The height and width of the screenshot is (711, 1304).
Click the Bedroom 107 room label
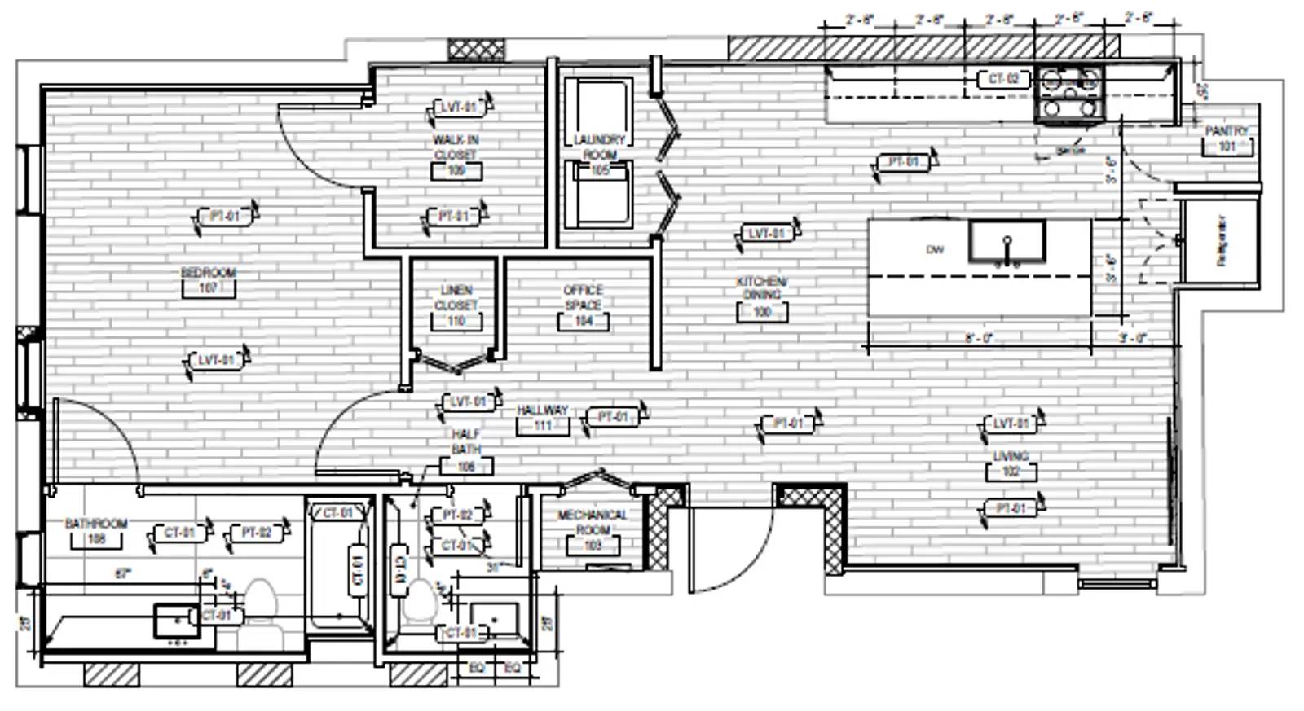[x=209, y=280]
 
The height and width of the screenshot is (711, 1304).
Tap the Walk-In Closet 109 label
[x=456, y=155]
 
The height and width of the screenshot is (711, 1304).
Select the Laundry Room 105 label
[x=600, y=155]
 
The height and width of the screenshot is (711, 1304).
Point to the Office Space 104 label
[x=583, y=305]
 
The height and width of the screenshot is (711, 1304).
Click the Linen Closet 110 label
[x=456, y=305]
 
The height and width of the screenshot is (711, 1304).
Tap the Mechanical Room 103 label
[x=593, y=529]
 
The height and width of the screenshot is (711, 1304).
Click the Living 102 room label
[x=1011, y=463]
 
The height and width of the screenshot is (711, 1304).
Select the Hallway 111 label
[x=542, y=418]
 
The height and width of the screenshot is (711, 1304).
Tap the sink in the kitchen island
[x=1007, y=241]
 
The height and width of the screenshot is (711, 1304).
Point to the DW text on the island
[x=935, y=249]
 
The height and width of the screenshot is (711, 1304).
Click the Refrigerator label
[x=1221, y=240]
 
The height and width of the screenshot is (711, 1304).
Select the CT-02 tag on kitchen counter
[x=1003, y=79]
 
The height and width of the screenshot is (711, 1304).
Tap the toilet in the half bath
[x=420, y=604]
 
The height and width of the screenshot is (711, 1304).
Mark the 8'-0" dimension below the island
[x=978, y=338]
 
